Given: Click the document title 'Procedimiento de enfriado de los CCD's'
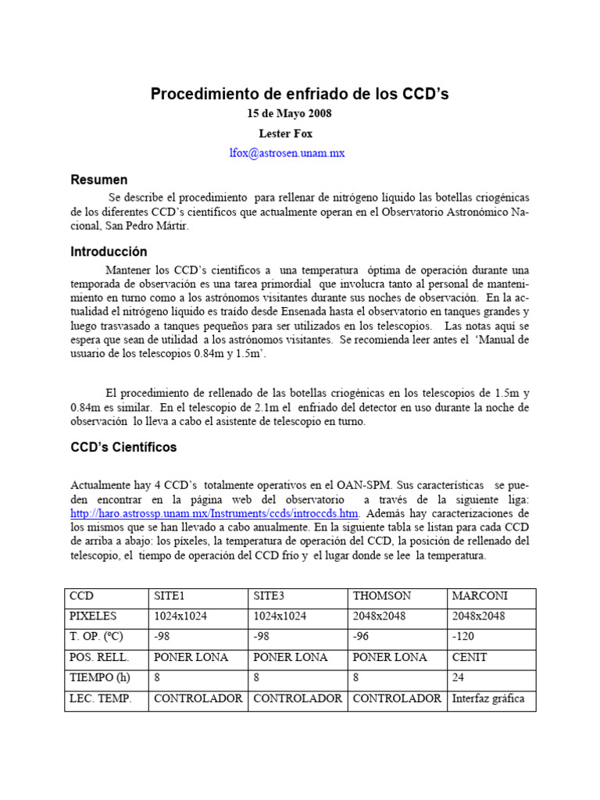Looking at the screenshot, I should [x=299, y=95].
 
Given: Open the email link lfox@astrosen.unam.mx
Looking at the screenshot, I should [x=286, y=153].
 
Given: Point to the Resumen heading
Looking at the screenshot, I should [x=99, y=180].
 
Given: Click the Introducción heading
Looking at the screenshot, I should [x=109, y=252].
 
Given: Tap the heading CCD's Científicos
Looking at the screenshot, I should [x=123, y=448].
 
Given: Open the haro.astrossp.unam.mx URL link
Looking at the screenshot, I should [x=214, y=513].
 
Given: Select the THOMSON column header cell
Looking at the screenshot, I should [x=382, y=596].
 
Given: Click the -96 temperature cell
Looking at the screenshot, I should [x=362, y=637].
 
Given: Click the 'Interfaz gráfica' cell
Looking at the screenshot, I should [x=488, y=698].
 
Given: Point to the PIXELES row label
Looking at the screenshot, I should [x=94, y=616].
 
